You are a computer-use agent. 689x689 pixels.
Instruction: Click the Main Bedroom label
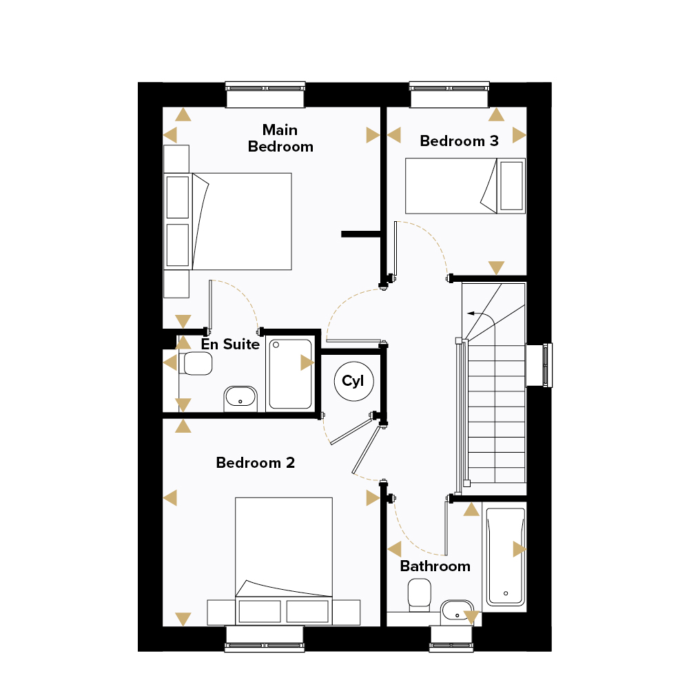click(280, 138)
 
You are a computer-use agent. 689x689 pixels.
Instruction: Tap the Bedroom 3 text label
click(459, 141)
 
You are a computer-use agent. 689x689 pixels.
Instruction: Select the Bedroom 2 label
click(256, 463)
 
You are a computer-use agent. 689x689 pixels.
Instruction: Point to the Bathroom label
click(435, 566)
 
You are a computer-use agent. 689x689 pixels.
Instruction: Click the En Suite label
click(230, 344)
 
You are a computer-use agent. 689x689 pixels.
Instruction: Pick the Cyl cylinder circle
click(353, 381)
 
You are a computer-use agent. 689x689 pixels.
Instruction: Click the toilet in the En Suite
click(196, 363)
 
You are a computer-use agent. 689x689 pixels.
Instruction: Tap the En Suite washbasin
click(240, 398)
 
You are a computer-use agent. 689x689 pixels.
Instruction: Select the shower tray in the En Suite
click(291, 374)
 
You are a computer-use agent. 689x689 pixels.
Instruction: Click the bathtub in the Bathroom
click(505, 556)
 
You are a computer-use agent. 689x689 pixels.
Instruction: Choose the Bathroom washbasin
click(457, 612)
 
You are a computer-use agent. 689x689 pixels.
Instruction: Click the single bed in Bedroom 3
click(465, 186)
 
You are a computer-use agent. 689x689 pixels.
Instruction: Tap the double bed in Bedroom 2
click(283, 561)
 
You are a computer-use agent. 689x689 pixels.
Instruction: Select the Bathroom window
click(451, 639)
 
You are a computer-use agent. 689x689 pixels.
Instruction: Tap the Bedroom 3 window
click(449, 94)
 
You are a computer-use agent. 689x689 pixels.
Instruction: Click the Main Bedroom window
click(265, 94)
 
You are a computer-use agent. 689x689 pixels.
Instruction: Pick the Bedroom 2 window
click(265, 639)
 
